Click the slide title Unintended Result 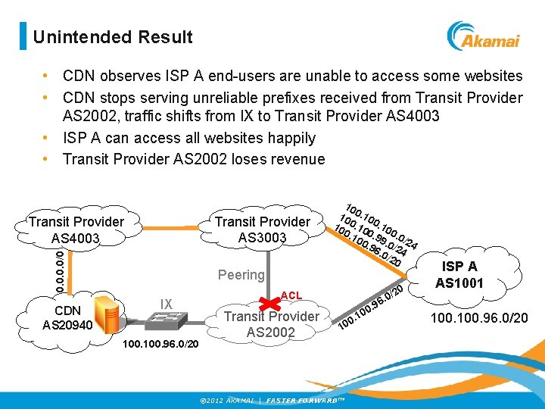pyautogui.click(x=113, y=36)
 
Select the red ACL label pyautogui.click(x=291, y=295)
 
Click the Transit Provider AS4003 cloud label pyautogui.click(x=76, y=229)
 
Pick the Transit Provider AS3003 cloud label pyautogui.click(x=262, y=229)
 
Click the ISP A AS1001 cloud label pyautogui.click(x=459, y=274)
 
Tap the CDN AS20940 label pyautogui.click(x=67, y=317)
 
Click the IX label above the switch pyautogui.click(x=167, y=304)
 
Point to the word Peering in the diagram pyautogui.click(x=241, y=275)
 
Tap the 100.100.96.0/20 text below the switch pyautogui.click(x=160, y=344)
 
